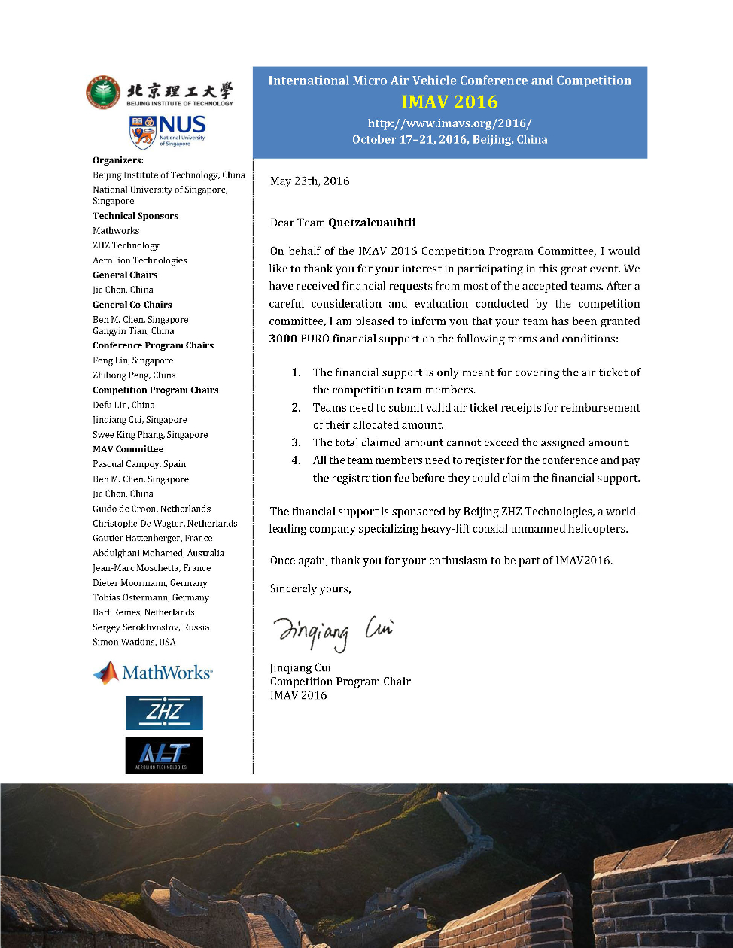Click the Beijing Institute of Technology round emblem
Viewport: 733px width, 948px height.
pyautogui.click(x=103, y=93)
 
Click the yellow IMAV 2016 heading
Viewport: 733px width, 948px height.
pyautogui.click(x=449, y=102)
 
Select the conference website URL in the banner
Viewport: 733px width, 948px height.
pyautogui.click(x=449, y=123)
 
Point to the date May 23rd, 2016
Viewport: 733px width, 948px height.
pyautogui.click(x=309, y=181)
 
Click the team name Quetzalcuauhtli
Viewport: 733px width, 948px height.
pyautogui.click(x=372, y=223)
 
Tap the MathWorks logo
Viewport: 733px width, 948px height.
pyautogui.click(x=153, y=673)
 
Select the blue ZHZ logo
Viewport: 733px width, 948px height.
pyautogui.click(x=164, y=713)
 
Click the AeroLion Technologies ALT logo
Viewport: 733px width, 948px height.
pyautogui.click(x=164, y=755)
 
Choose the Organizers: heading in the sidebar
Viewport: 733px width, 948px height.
pyautogui.click(x=118, y=160)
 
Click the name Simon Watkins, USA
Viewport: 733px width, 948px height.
pyautogui.click(x=134, y=642)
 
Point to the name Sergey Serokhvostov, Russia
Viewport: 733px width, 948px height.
pyautogui.click(x=151, y=627)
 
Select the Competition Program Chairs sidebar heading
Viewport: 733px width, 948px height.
pyautogui.click(x=155, y=390)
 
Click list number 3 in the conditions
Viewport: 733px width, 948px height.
pyautogui.click(x=296, y=442)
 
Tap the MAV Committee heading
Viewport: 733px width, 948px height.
pyautogui.click(x=128, y=449)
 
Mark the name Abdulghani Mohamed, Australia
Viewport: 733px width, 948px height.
pyautogui.click(x=158, y=553)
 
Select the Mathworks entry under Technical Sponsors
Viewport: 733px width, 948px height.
pyautogui.click(x=116, y=231)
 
